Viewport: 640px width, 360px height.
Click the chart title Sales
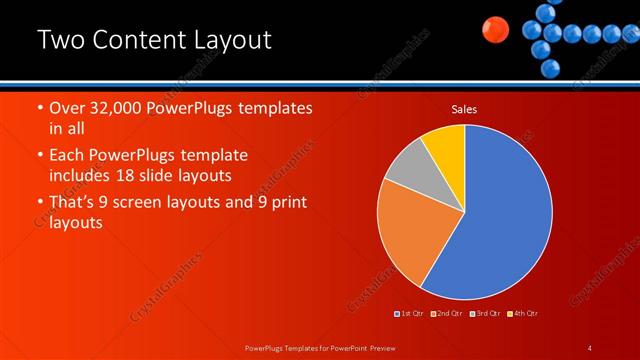point(464,108)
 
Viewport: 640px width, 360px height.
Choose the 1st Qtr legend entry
point(409,315)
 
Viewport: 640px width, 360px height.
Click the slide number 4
point(590,348)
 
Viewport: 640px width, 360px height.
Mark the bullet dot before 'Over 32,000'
point(38,109)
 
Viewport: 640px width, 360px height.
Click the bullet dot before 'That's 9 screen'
point(38,204)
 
